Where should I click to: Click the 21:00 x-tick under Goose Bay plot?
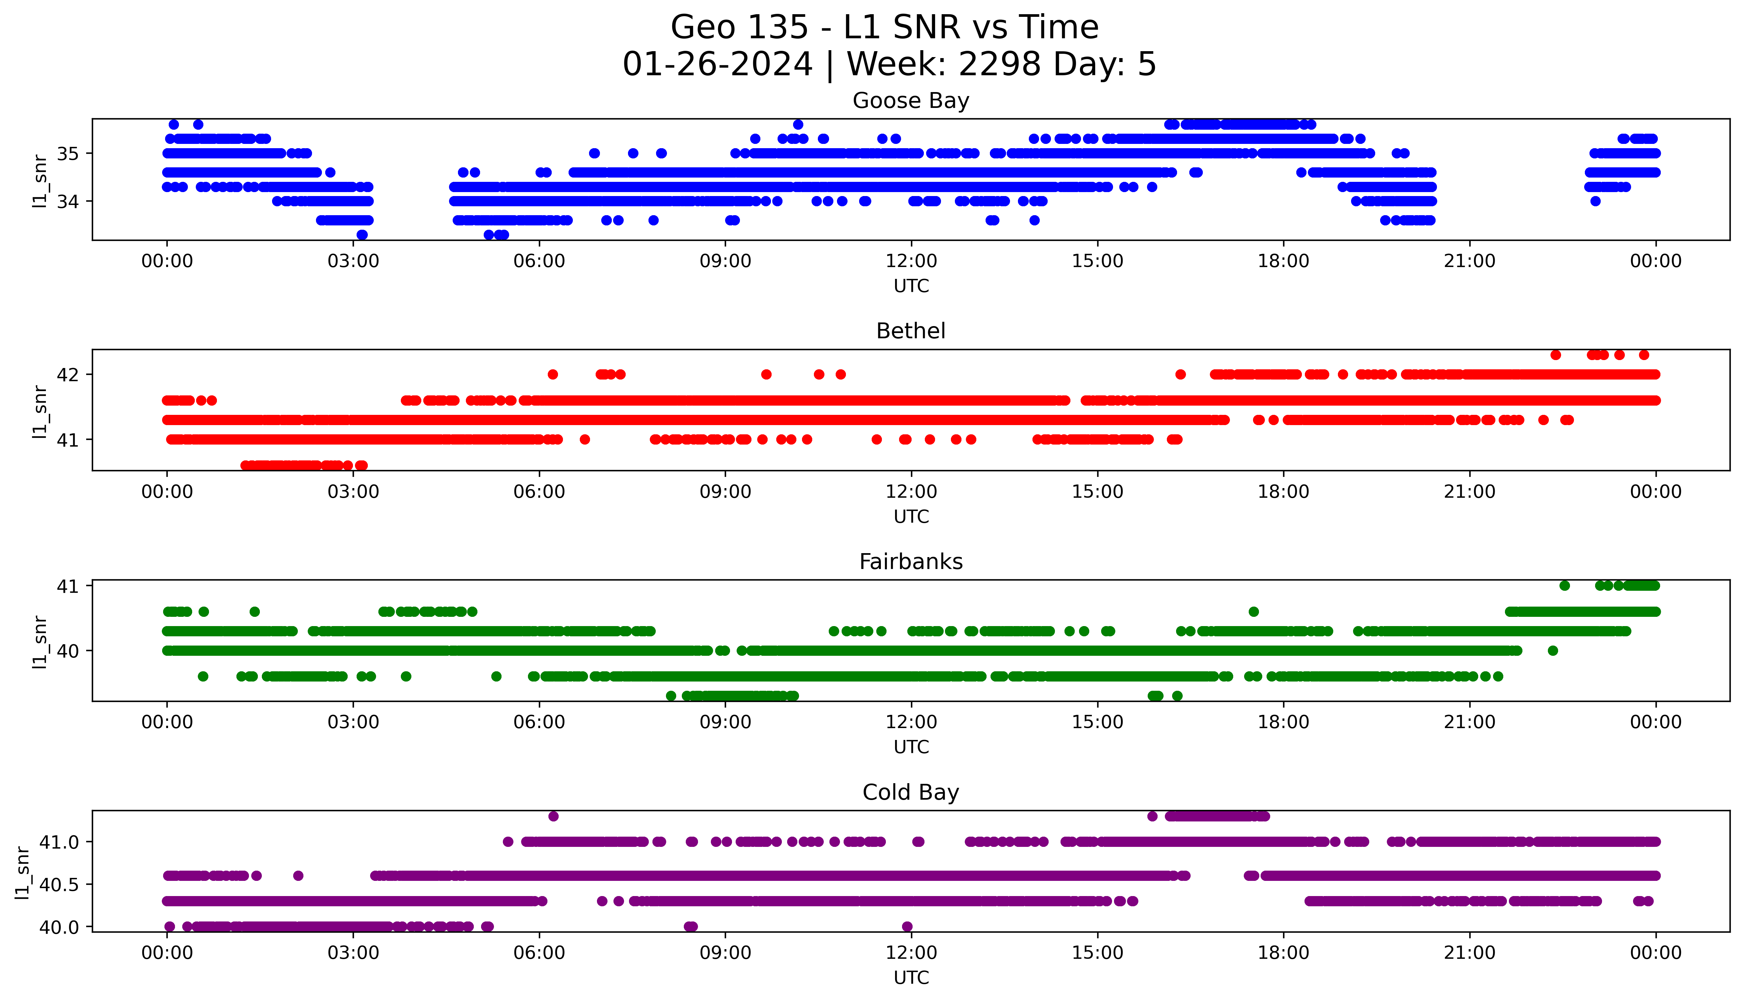tap(1469, 261)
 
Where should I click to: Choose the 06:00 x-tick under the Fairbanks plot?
tap(539, 722)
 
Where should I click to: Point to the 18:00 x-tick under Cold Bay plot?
tap(1283, 953)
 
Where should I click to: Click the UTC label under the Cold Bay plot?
tap(911, 978)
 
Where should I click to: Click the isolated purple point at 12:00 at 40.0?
tap(907, 927)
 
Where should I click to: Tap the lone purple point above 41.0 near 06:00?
tap(553, 816)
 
